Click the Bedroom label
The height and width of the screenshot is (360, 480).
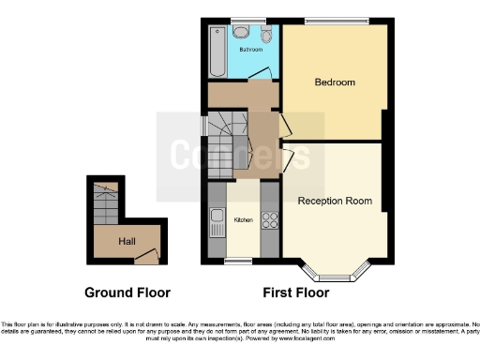[x=335, y=82]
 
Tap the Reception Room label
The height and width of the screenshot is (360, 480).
[x=335, y=201]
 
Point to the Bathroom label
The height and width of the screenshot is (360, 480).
[x=250, y=48]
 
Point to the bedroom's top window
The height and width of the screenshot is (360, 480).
[x=335, y=22]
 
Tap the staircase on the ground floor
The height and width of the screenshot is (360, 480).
[x=106, y=202]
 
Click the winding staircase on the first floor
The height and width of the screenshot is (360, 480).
[x=227, y=131]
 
